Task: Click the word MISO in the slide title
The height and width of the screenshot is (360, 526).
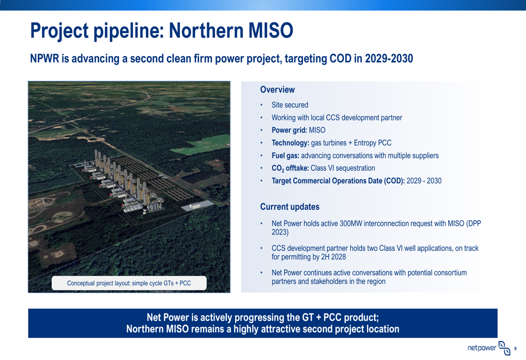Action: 270,30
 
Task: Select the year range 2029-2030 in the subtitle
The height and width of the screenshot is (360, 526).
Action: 389,58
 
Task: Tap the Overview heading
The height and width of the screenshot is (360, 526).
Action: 277,89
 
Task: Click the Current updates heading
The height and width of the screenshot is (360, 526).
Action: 289,207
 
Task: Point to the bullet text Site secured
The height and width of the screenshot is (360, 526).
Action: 290,105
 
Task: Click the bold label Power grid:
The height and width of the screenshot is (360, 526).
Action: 289,130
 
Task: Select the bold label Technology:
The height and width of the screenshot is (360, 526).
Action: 290,143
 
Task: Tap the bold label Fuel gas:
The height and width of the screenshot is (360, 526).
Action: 285,156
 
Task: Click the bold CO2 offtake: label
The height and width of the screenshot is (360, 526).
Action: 290,168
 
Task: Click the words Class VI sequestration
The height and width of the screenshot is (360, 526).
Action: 342,168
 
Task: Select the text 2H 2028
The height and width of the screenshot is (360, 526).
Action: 333,257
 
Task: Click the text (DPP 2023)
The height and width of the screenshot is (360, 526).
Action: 377,228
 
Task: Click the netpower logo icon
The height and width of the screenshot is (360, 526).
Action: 504,348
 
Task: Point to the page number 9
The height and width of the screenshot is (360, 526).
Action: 515,348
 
